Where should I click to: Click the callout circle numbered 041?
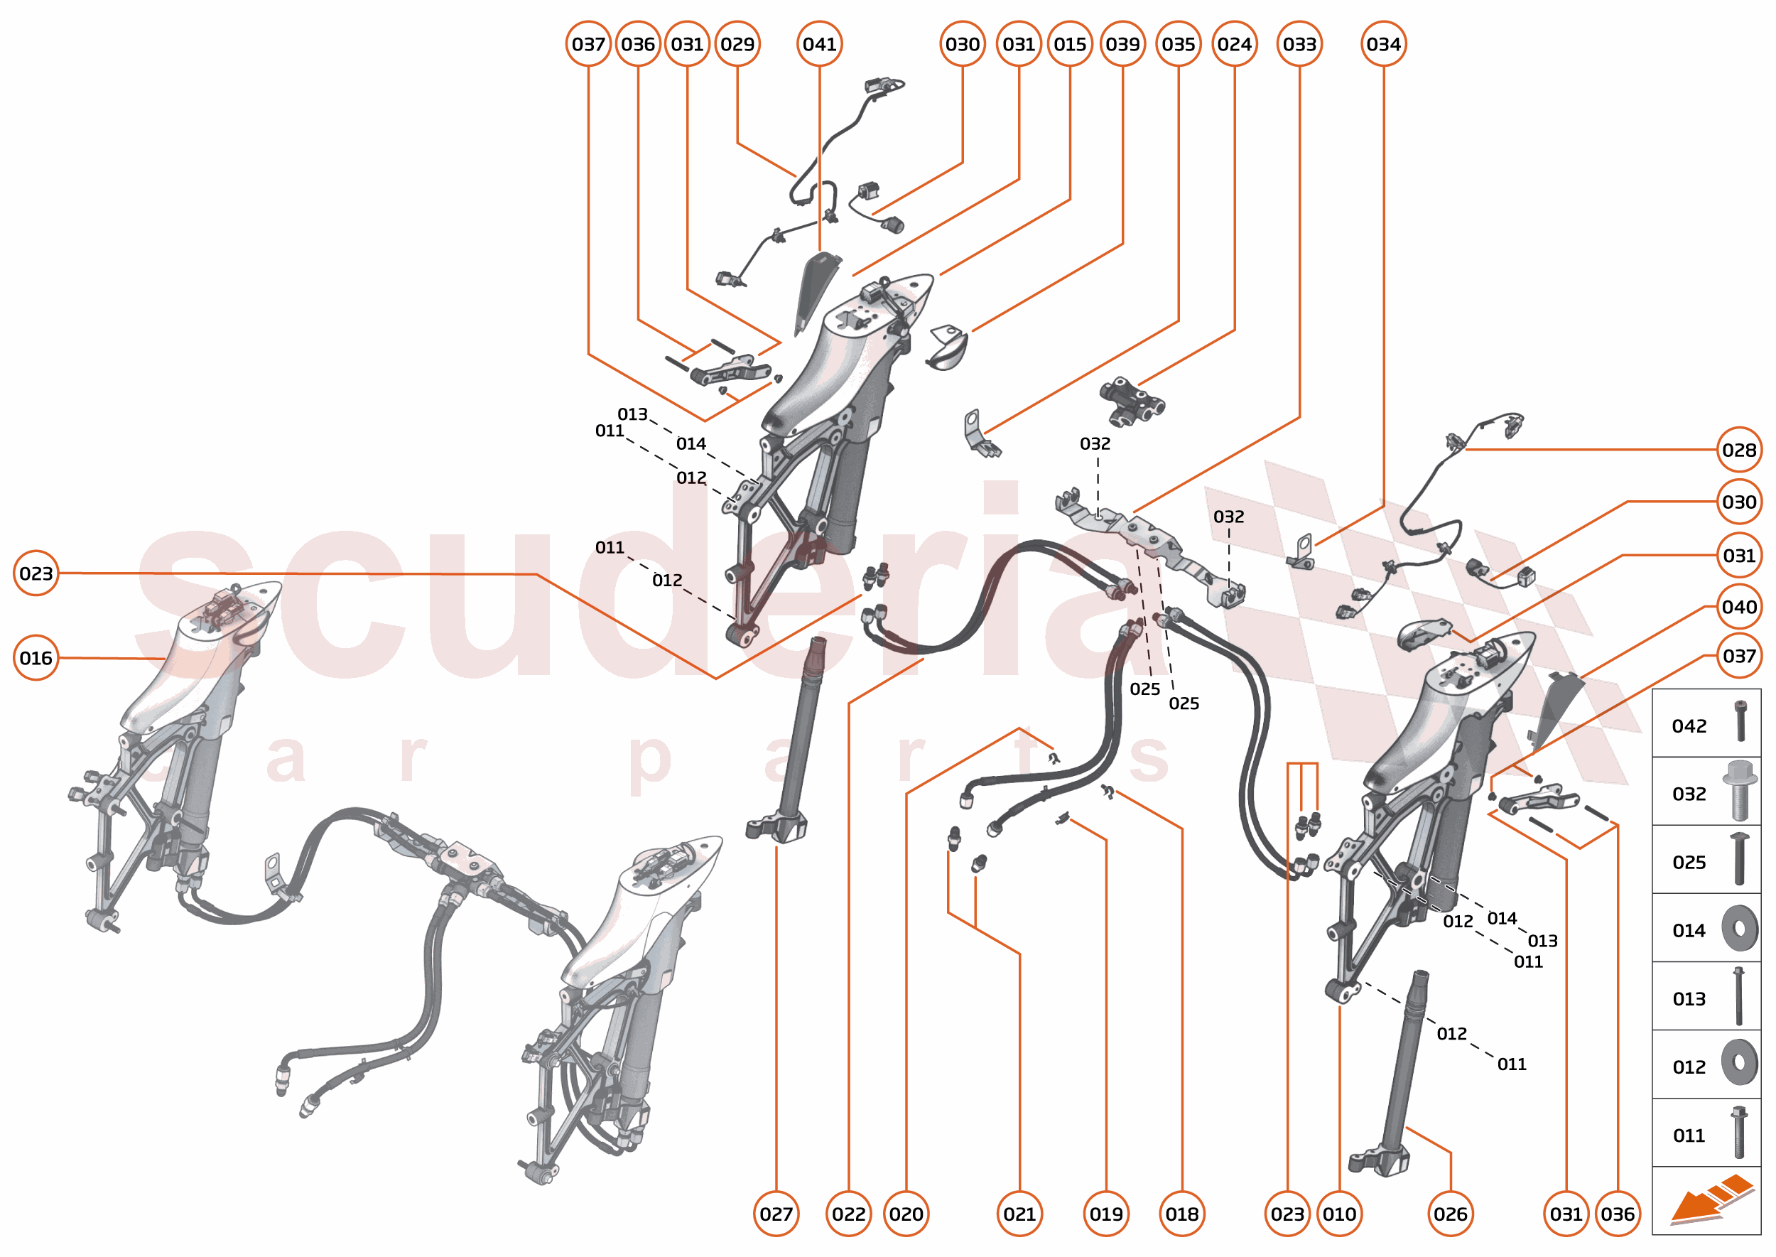(x=819, y=44)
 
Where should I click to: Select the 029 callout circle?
(x=737, y=44)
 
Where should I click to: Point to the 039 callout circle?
(x=1122, y=44)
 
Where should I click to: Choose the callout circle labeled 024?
(x=1233, y=44)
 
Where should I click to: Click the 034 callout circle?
(x=1383, y=44)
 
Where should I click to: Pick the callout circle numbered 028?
(x=1738, y=450)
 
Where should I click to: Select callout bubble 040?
(x=1738, y=607)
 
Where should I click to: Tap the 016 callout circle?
(x=36, y=658)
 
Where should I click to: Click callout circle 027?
(x=776, y=1214)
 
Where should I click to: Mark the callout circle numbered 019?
(x=1106, y=1214)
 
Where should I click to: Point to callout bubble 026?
(x=1450, y=1214)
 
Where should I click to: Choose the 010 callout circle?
(x=1339, y=1214)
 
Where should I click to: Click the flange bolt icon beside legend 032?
(x=1738, y=791)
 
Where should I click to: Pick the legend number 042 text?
(x=1689, y=726)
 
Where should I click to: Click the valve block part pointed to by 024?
(x=1132, y=400)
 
